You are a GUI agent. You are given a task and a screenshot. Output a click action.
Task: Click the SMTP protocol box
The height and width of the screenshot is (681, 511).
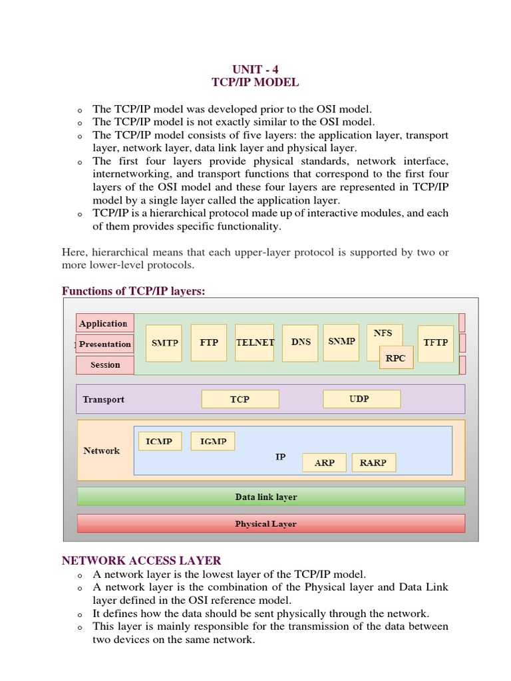click(164, 343)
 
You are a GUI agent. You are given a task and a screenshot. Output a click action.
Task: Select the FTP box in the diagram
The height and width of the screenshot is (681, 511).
click(209, 342)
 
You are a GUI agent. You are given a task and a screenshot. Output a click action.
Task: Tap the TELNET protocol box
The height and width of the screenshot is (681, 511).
click(255, 342)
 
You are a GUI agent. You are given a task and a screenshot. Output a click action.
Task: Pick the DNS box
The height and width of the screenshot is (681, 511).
click(301, 342)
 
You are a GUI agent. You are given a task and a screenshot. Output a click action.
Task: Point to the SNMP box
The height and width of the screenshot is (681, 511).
click(341, 342)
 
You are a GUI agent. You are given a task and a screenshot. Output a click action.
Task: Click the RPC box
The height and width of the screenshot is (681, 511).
click(396, 358)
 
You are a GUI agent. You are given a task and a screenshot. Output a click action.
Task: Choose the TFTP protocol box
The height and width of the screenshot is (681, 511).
click(436, 343)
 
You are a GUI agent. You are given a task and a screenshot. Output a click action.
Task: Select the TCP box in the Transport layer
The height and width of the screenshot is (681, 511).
click(240, 399)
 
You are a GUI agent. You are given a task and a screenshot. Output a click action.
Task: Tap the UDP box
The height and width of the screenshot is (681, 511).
click(361, 399)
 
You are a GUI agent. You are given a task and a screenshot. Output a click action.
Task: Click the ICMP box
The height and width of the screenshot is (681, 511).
click(160, 441)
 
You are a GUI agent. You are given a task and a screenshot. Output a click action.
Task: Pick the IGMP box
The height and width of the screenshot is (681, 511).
click(213, 441)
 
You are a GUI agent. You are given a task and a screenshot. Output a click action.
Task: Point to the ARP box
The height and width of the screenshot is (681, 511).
click(324, 463)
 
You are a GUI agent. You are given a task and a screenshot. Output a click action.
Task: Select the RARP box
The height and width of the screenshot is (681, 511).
click(373, 463)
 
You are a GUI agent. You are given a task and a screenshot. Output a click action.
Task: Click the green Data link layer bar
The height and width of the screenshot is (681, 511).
click(271, 497)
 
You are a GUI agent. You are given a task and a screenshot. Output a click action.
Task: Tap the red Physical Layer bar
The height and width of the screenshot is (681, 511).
click(271, 523)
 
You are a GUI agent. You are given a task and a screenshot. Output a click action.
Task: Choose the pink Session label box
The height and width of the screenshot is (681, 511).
click(105, 365)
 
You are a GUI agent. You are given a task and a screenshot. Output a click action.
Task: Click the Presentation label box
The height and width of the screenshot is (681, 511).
click(105, 344)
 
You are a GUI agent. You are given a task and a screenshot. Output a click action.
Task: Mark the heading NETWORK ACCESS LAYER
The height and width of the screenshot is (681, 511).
click(142, 561)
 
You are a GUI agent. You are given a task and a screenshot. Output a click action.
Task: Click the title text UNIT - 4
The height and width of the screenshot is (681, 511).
click(255, 69)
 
